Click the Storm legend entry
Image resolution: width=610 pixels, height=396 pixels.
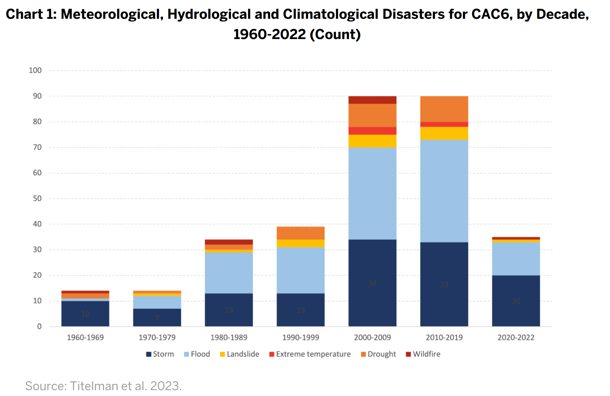coord(160,354)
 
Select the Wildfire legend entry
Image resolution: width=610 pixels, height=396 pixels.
coord(423,354)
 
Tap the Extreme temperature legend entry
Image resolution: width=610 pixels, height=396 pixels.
coord(310,354)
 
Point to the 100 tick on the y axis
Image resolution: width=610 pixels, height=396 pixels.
coord(35,70)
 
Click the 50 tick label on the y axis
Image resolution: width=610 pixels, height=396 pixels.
coord(37,198)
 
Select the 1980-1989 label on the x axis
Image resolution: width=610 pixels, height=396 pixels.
coord(229,337)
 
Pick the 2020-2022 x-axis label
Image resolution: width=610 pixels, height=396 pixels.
coord(516,337)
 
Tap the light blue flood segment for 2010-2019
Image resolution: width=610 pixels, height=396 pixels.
coord(444,191)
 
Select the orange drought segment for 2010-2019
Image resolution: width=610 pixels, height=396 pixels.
coord(444,109)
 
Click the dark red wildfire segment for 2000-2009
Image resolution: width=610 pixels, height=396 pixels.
coord(372,100)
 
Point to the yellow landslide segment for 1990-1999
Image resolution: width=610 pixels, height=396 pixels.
coord(300,243)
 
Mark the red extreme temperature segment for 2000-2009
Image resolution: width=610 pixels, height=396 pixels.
coord(372,131)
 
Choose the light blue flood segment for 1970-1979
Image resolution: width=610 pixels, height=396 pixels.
coord(157,302)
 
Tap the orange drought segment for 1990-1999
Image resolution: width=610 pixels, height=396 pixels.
coord(300,233)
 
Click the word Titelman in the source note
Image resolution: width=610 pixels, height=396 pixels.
coord(94,386)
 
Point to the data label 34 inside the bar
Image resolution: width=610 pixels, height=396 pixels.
coord(372,283)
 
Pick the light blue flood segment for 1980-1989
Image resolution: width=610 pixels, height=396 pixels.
coord(229,273)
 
